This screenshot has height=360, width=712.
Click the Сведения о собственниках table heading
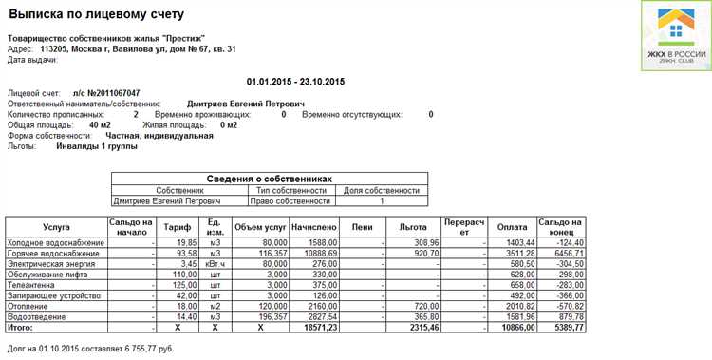pos(269,179)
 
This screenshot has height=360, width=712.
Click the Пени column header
pos(362,228)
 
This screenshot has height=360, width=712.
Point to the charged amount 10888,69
pos(313,254)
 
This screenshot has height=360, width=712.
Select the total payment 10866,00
pos(514,327)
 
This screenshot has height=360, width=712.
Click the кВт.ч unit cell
pos(215,264)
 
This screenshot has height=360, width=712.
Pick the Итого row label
pos(23,327)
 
